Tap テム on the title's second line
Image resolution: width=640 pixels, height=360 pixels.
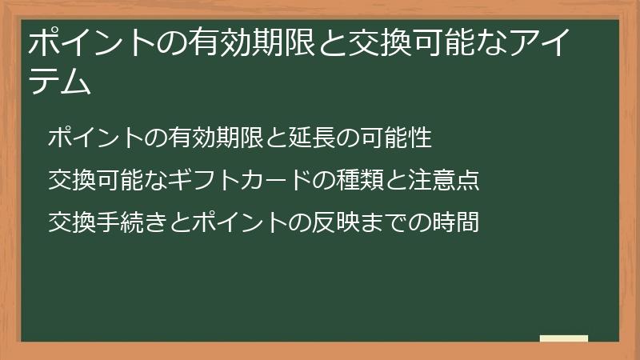pos(59,82)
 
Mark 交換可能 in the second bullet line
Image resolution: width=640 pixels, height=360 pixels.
pos(96,180)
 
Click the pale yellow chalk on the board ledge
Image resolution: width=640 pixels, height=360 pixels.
pos(564,338)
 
